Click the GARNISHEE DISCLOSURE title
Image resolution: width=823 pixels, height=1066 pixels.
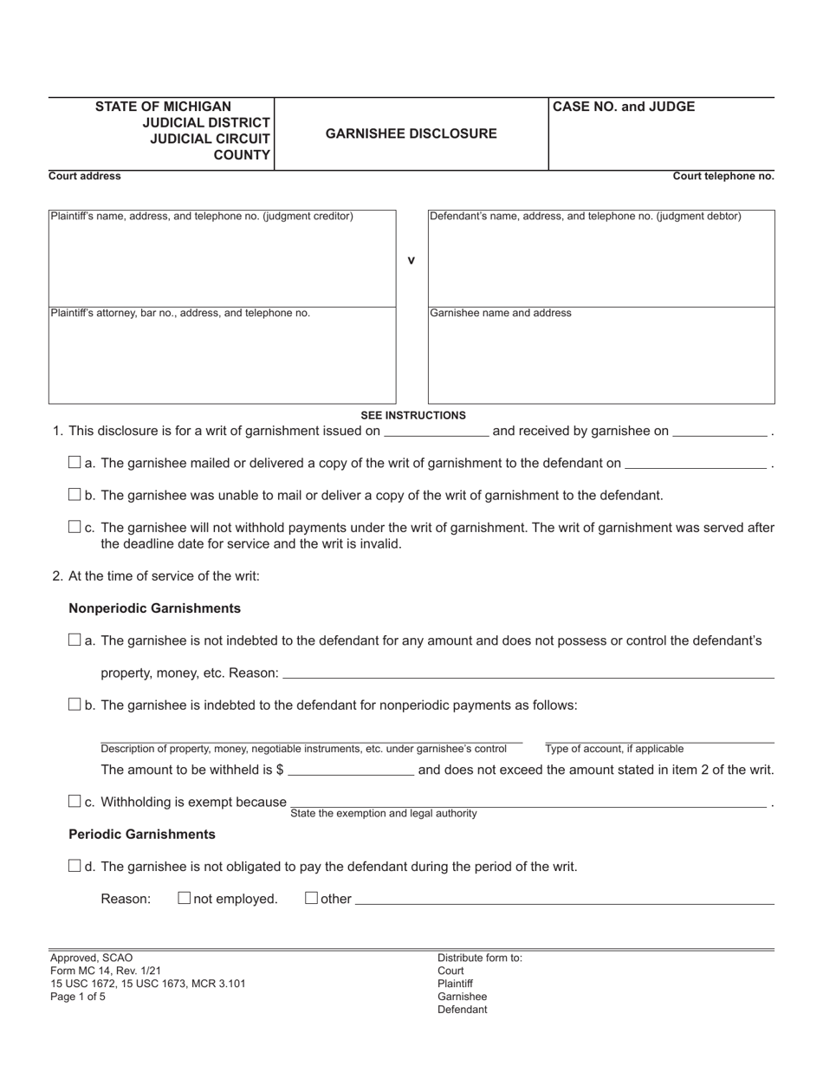tap(411, 133)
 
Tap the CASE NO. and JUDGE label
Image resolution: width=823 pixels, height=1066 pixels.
tap(624, 107)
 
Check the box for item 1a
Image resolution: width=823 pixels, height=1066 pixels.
tap(75, 462)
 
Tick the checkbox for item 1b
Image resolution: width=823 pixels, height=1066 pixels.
tap(75, 495)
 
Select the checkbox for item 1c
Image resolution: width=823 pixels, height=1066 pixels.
tap(75, 527)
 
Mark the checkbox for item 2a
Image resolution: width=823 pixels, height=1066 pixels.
tap(75, 640)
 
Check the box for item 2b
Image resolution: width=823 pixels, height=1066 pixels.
tap(75, 705)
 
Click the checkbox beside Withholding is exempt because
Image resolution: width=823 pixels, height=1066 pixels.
tap(75, 802)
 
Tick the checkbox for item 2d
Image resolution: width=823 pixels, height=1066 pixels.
tap(75, 866)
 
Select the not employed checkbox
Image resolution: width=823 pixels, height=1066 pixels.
tap(184, 899)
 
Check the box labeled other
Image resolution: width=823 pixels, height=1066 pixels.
tap(311, 899)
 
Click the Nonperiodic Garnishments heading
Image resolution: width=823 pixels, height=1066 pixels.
tap(154, 608)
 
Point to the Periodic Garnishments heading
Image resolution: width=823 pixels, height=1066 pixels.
tap(142, 834)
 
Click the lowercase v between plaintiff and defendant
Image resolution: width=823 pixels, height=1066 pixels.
tap(411, 260)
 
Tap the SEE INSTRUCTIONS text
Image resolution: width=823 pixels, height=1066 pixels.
tap(413, 415)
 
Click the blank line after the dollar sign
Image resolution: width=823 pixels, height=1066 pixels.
tap(351, 770)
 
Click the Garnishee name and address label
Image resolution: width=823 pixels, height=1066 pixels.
tap(501, 313)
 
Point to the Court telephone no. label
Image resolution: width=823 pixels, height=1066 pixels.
tap(723, 176)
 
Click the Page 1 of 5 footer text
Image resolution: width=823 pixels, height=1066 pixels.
tap(78, 997)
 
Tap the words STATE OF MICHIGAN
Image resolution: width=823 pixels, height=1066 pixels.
tap(163, 107)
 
